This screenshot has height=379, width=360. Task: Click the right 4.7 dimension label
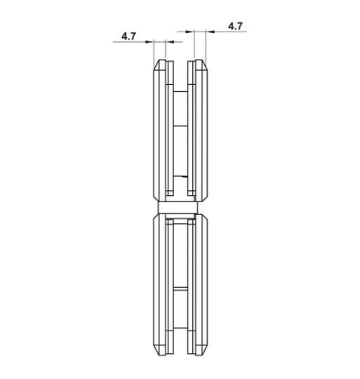click(x=235, y=26)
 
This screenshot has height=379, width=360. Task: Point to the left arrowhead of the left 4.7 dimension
click(x=154, y=41)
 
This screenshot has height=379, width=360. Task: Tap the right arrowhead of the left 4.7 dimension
click(x=165, y=41)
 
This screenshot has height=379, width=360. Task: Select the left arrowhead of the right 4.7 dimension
click(x=194, y=31)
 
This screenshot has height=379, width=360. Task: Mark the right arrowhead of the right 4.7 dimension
click(x=206, y=31)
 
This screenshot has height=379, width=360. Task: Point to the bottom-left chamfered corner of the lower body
click(x=156, y=348)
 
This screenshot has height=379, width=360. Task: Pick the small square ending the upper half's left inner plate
click(x=169, y=192)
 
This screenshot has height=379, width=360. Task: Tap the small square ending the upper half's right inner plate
click(x=190, y=192)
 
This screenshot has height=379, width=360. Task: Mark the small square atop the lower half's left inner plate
click(x=169, y=222)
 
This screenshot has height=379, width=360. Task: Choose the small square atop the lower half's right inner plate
click(x=190, y=222)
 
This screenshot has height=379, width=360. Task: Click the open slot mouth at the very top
click(x=180, y=65)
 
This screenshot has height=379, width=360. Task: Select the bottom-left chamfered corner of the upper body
click(x=156, y=197)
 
